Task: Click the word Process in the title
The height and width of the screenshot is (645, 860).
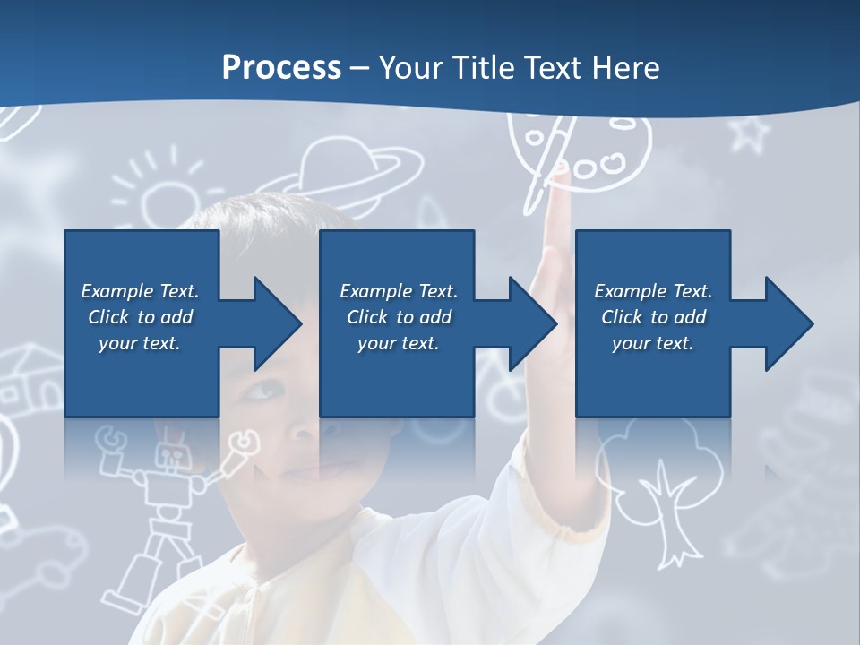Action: pyautogui.click(x=281, y=67)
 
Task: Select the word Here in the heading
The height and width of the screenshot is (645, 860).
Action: pyautogui.click(x=623, y=67)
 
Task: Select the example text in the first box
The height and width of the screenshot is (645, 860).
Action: pyautogui.click(x=140, y=317)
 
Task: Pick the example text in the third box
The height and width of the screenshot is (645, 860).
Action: pyautogui.click(x=653, y=317)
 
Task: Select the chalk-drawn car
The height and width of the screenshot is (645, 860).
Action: pyautogui.click(x=45, y=546)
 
